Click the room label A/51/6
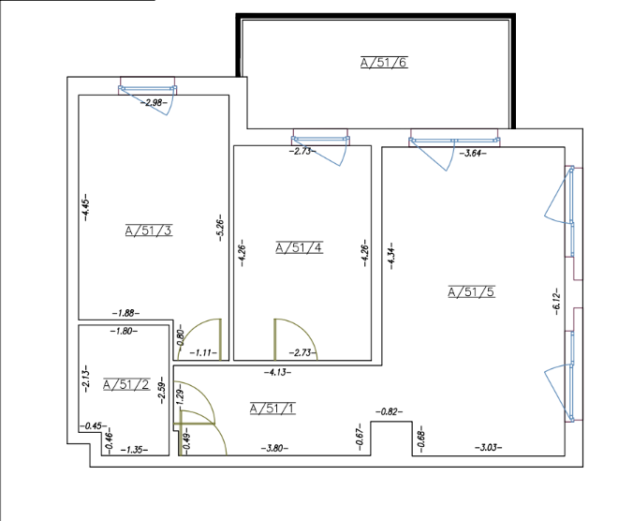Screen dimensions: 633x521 point(384,63)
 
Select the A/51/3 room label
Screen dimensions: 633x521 point(149,231)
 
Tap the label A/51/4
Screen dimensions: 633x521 point(299,247)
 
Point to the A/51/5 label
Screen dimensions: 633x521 point(472,291)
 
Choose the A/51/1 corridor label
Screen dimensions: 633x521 point(272,409)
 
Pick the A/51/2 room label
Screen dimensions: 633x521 point(126,384)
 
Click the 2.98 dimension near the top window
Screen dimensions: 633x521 point(154,103)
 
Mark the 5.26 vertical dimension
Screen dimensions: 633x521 point(220,228)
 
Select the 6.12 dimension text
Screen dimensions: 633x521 point(556,302)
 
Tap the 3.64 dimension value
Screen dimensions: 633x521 point(473,154)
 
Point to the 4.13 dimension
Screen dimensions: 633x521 point(277,372)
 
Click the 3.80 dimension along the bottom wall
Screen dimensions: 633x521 point(274,448)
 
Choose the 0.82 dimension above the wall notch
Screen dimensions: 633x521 point(390,412)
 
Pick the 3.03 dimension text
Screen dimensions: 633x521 point(489,448)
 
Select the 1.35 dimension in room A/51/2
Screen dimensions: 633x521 point(134,450)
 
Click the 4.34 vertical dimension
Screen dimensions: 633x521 point(391,256)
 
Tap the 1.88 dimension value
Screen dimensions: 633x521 point(126,313)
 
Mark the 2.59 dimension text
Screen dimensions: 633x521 point(162,393)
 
